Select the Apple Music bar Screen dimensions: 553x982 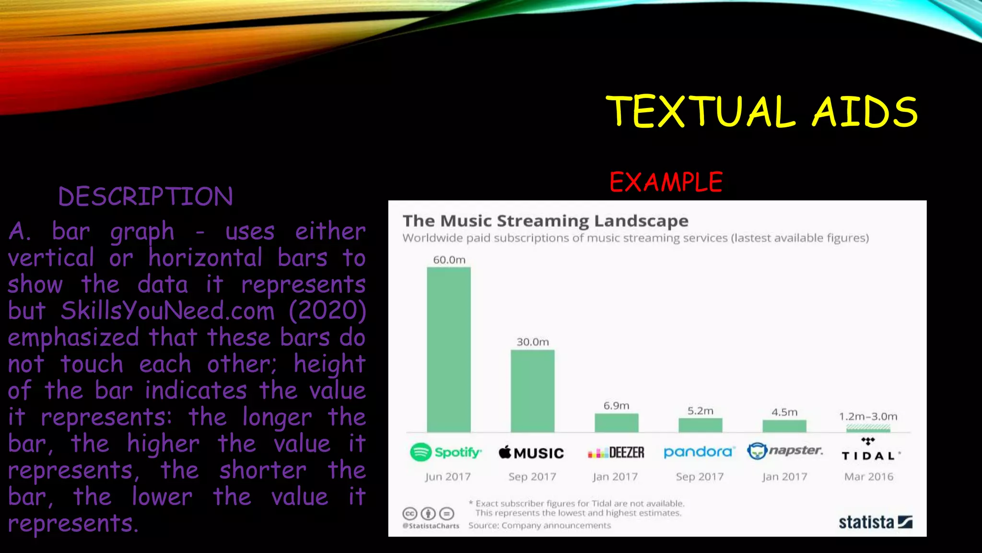532,391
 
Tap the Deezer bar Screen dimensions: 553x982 616,423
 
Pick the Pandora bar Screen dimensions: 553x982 700,425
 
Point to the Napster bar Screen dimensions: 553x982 784,426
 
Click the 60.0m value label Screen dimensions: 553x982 449,260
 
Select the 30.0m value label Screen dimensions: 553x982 532,342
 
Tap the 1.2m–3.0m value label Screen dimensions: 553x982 868,416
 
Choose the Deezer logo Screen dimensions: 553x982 616,453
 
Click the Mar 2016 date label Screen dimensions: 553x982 869,477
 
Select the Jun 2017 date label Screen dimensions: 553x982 448,477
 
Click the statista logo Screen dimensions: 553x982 875,522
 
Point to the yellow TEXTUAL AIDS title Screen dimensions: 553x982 761,111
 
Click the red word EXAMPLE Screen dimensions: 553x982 666,182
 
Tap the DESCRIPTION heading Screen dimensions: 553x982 145,197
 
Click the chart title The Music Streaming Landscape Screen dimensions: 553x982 545,221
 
